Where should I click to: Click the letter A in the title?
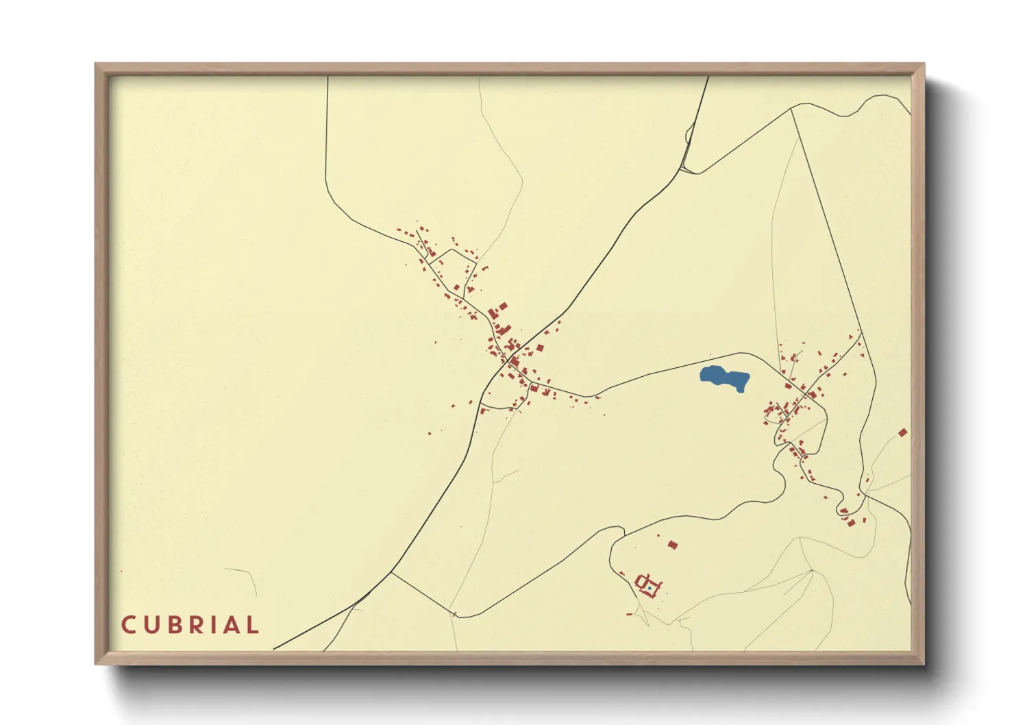[231, 625]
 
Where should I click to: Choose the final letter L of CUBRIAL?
[252, 625]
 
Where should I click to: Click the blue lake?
[724, 378]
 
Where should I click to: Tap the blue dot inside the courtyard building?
[648, 587]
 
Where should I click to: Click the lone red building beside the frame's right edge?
[903, 432]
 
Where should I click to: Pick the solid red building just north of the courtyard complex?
[673, 545]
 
